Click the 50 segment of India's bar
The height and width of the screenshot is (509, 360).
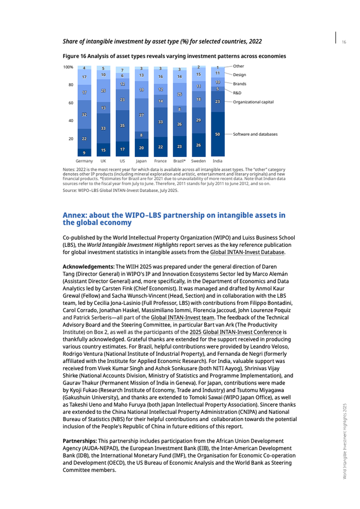(218, 134)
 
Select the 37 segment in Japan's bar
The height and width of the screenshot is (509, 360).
(141, 115)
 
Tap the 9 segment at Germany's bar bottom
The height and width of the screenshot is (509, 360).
(84, 153)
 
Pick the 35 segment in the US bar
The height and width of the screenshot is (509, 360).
(122, 125)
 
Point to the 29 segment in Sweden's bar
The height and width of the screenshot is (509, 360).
(199, 120)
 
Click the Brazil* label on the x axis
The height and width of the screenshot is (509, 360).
(179, 161)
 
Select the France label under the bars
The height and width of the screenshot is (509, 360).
(160, 161)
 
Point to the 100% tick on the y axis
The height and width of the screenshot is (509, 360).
(68, 67)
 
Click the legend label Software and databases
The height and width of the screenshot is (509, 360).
(255, 134)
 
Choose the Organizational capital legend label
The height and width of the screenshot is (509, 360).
(253, 102)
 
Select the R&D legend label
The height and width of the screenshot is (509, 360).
(238, 93)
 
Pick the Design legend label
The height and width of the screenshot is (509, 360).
(240, 75)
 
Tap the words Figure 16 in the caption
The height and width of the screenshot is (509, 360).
(75, 56)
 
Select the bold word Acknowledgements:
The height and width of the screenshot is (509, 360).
(88, 267)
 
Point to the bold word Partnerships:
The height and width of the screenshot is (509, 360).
(80, 441)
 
